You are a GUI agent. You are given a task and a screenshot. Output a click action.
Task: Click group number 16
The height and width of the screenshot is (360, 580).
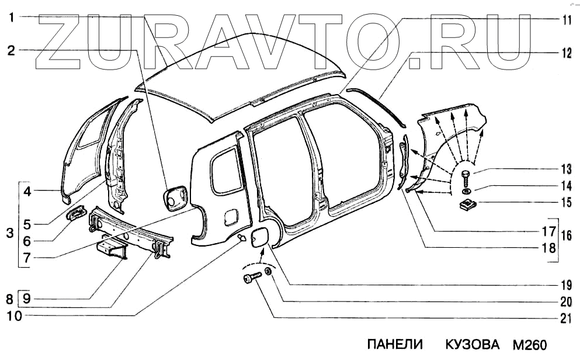565,236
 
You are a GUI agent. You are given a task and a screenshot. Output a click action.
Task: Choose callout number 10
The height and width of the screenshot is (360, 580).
11,316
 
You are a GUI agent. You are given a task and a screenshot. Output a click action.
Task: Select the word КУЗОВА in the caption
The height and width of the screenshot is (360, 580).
473,344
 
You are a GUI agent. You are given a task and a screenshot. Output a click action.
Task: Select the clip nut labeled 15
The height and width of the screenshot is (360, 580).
467,205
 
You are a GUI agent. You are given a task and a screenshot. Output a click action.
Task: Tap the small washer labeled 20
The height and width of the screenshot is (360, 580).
268,272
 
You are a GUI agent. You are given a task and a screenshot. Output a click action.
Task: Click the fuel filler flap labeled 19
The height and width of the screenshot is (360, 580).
258,238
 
